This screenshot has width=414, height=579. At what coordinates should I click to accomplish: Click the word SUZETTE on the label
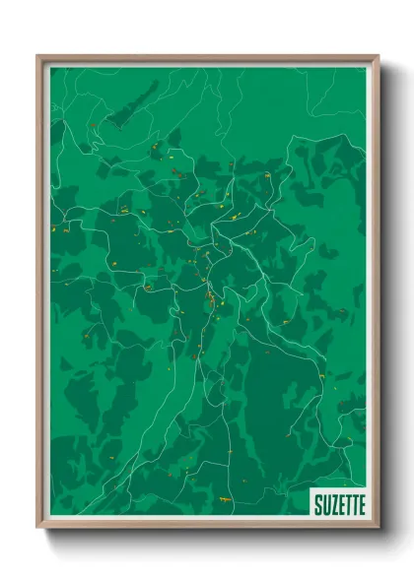coord(338,505)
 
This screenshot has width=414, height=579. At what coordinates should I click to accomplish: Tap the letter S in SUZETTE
coord(317,505)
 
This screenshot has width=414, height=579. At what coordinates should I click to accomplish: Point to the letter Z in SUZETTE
coord(331,505)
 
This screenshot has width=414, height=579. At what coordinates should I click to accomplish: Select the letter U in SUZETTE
coord(324,505)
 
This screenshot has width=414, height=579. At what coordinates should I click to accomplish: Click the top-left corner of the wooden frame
coord(38,56)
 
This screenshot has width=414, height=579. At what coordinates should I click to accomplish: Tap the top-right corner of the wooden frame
coord(378,56)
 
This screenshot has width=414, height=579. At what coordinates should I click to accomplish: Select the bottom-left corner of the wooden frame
coord(38,528)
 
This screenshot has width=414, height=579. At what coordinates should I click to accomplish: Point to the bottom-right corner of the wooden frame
coord(378,528)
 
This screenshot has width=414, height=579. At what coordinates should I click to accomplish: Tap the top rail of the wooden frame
coord(207,57)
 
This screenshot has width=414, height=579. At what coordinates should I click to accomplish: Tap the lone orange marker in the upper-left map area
coord(90,125)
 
